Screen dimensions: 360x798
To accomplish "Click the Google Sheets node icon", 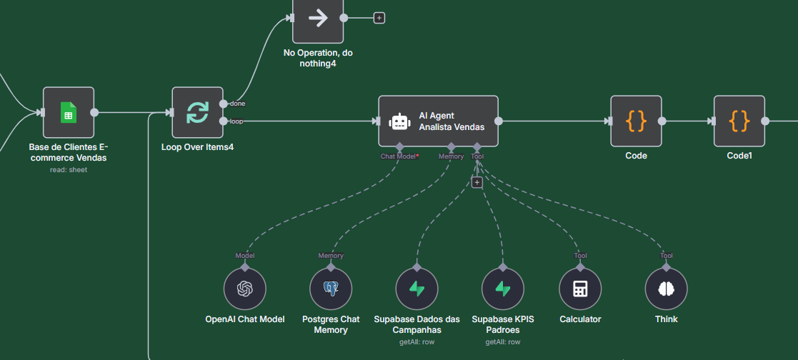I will (69, 112).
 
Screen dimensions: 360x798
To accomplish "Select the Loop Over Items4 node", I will (197, 112).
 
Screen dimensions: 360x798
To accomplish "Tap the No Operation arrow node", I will (318, 19).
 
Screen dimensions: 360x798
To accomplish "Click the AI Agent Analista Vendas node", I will (438, 121).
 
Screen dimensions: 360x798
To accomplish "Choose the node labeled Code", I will (636, 121).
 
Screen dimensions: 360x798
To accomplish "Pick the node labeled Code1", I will (739, 121).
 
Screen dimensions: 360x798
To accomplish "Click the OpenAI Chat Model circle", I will (245, 289).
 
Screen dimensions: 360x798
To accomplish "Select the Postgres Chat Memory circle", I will (331, 289).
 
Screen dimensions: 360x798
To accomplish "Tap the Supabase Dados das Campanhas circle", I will (417, 289).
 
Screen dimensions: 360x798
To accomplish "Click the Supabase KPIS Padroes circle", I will (503, 289).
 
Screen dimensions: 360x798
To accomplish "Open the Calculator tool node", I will (580, 289).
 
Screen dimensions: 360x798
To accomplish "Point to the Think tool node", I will (666, 289).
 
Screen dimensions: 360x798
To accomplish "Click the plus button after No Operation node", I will (379, 18).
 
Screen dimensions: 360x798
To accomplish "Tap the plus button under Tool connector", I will (477, 182).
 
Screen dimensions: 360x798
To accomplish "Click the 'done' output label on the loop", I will (237, 104).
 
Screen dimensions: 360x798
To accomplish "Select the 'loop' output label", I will (236, 121).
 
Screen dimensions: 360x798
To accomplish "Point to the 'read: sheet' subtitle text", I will (69, 170).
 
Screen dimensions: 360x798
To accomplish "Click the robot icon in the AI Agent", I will (399, 121).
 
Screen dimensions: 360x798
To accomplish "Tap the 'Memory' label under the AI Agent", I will (451, 156).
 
